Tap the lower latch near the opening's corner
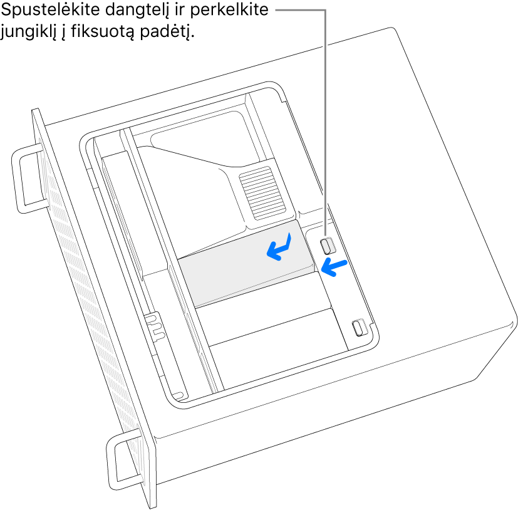[x=360, y=327]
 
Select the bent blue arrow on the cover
[x=279, y=246]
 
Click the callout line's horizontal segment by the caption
[x=301, y=11]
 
